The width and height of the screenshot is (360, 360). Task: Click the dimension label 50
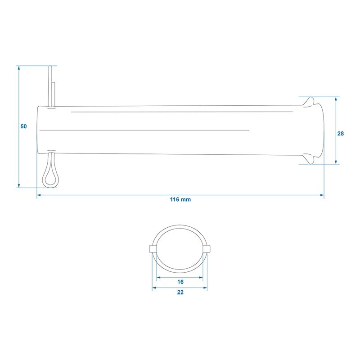24,126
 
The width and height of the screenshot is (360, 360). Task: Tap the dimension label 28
341,134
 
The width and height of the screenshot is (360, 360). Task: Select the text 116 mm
180,199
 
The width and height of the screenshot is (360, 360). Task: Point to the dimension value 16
180,282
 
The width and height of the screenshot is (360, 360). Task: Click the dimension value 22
180,292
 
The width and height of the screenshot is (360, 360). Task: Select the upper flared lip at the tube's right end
309,102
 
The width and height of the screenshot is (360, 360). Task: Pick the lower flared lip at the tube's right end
309,159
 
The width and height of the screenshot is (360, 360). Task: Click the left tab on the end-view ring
153,249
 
